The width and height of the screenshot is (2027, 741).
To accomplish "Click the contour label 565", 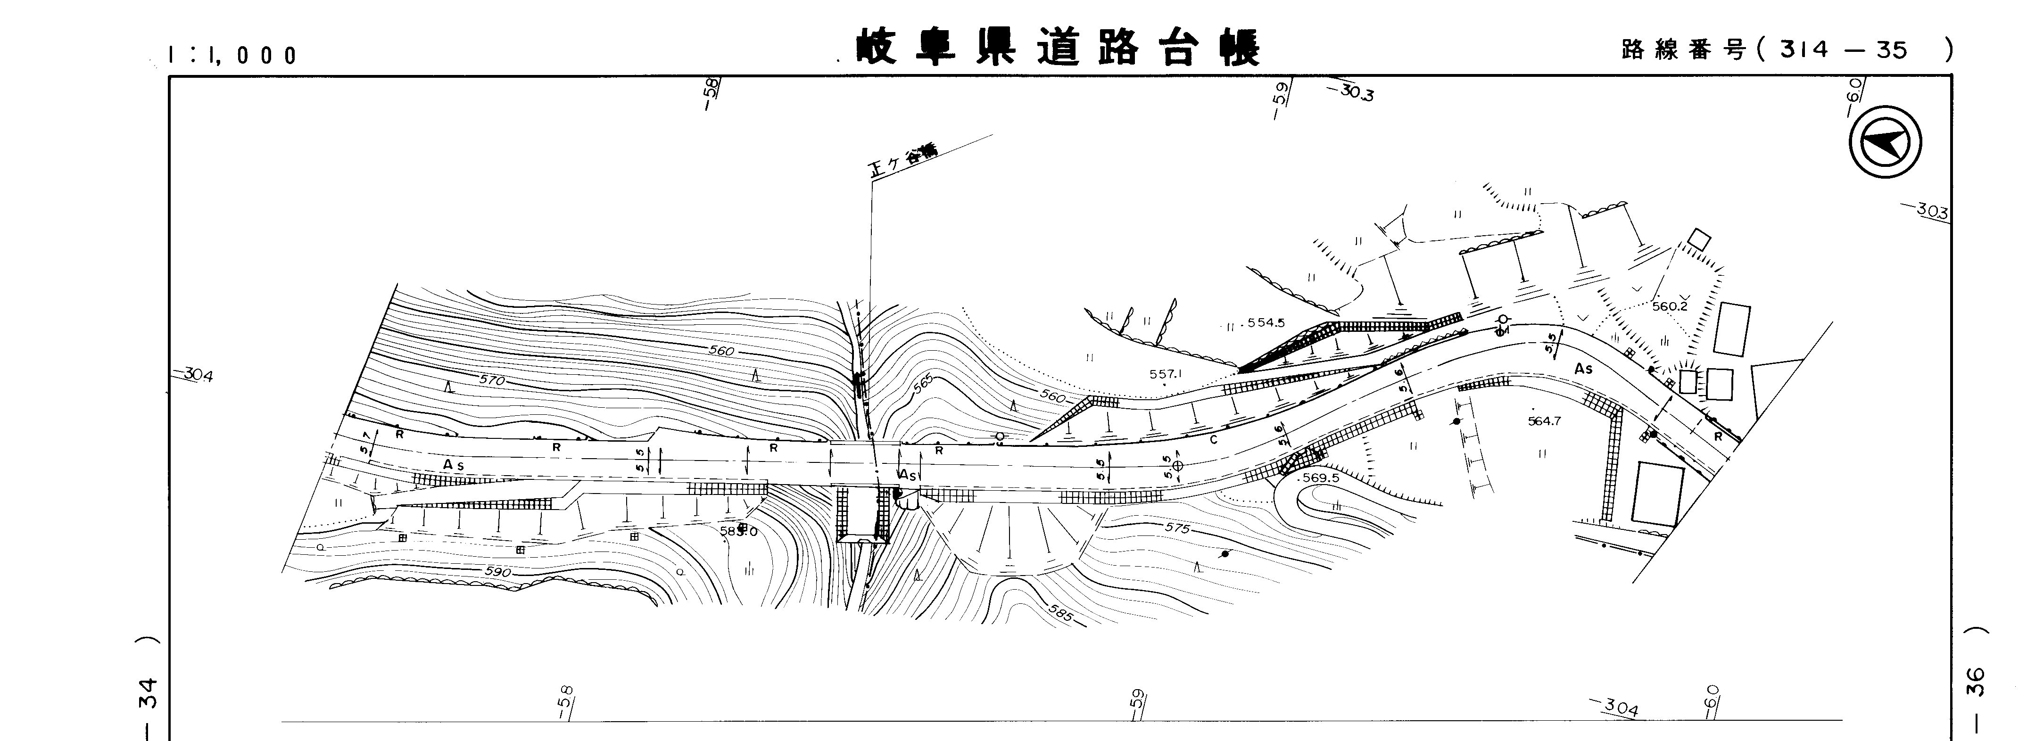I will pyautogui.click(x=925, y=384).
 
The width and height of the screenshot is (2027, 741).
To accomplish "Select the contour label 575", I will pyautogui.click(x=1177, y=528).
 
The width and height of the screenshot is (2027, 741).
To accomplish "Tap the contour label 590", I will pyautogui.click(x=497, y=572).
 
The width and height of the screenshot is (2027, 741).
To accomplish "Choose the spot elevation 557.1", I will pyautogui.click(x=1166, y=374).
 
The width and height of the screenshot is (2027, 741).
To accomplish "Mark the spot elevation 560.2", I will pyautogui.click(x=1670, y=306).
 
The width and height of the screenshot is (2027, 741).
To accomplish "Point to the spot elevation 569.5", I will pyautogui.click(x=1320, y=478).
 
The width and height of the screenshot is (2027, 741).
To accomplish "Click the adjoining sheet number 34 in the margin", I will pyautogui.click(x=147, y=692).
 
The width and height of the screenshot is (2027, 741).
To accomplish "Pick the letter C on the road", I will pyautogui.click(x=1213, y=440).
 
